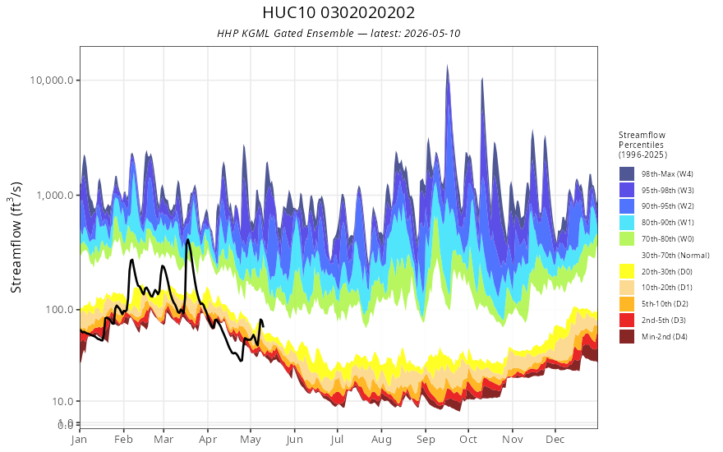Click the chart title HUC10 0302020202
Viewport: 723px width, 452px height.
[x=338, y=12]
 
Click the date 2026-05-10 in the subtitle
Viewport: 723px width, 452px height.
[x=432, y=34]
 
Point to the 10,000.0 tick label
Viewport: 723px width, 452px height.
[x=52, y=81]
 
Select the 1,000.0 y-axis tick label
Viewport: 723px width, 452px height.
[x=55, y=195]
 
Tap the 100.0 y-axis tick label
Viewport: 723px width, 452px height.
[x=59, y=310]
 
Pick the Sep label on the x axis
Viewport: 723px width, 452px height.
[x=426, y=439]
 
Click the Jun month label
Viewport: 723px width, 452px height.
[x=295, y=439]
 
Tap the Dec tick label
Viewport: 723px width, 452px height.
[x=555, y=439]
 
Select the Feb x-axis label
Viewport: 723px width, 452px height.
[x=123, y=439]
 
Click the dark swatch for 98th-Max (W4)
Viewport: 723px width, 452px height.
[x=627, y=174]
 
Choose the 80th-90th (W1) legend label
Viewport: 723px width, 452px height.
[x=667, y=223]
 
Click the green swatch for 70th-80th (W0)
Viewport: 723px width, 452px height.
[x=627, y=239]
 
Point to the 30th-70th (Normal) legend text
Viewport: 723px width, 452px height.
[x=675, y=255]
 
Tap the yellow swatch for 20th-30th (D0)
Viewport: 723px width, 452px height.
[x=627, y=271]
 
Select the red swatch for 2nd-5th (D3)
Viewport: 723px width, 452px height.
[x=627, y=320]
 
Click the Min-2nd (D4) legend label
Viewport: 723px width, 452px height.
[x=665, y=337]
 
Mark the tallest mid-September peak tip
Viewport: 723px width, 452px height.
[x=447, y=66]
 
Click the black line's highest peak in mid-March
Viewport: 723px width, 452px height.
[x=187, y=240]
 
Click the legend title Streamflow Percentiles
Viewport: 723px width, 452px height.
[x=642, y=145]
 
